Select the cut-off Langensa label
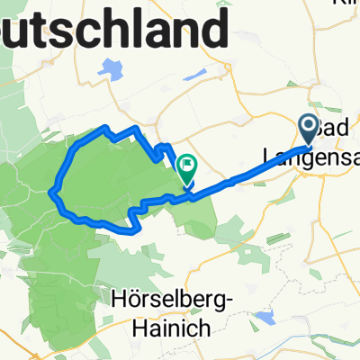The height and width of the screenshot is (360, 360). click(311, 156)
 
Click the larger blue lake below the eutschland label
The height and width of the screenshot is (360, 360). click(111, 67)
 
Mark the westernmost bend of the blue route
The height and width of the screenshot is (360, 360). click(52, 191)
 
